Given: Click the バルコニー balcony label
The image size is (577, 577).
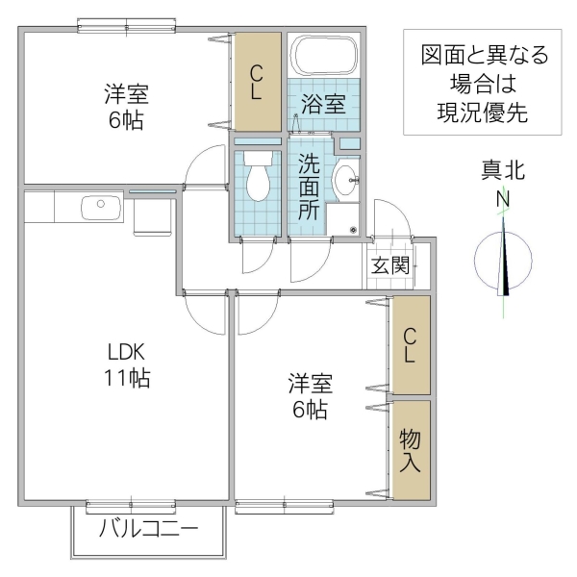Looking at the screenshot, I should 148,530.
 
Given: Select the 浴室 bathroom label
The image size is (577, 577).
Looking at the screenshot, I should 322,104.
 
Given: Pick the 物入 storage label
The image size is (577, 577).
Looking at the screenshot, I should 410,450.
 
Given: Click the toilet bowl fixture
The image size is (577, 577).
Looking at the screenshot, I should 258,177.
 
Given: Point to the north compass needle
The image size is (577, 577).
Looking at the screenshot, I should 504,260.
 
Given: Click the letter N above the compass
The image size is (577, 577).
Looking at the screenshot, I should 502,199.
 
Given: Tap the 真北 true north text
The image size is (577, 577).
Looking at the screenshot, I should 502,171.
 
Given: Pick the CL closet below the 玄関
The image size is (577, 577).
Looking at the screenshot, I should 410,345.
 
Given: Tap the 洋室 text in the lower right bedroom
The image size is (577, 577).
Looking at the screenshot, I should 310,385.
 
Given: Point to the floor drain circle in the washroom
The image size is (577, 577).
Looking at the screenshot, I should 353,230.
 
